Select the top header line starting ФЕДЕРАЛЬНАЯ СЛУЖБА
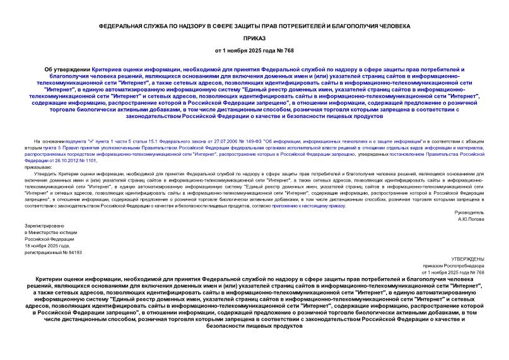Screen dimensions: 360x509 point(254,26)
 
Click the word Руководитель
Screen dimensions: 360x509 point(468,212)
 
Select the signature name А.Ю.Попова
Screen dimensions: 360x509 point(471,219)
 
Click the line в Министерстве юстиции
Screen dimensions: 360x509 point(52,233)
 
